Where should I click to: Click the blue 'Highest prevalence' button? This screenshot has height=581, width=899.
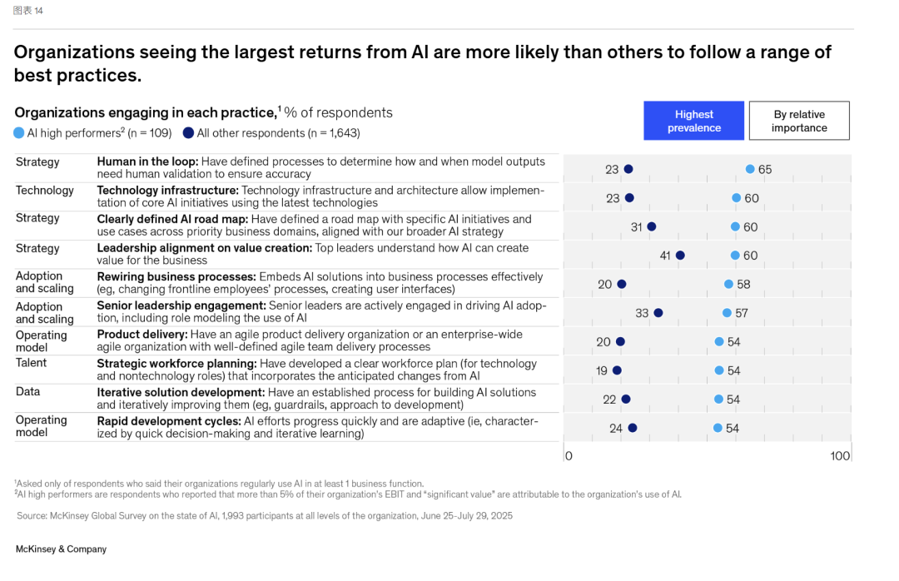(x=693, y=121)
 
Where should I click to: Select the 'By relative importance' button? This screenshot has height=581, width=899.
(x=799, y=121)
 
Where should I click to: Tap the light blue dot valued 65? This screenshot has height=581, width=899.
(x=750, y=169)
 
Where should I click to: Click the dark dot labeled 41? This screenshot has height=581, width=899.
(x=680, y=256)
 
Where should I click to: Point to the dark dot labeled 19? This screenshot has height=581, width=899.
(x=617, y=370)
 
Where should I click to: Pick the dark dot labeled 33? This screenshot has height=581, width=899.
(x=658, y=313)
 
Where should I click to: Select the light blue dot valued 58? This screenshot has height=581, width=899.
(x=728, y=284)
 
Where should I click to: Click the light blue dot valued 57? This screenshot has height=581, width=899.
(x=727, y=313)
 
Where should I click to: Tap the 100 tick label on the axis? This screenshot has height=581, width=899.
(x=840, y=456)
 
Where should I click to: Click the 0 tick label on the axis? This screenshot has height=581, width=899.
(x=569, y=456)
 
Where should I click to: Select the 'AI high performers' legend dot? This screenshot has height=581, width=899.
(x=19, y=132)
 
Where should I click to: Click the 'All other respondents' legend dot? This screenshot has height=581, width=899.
(x=189, y=132)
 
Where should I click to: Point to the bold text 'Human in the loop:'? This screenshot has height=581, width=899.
(x=147, y=161)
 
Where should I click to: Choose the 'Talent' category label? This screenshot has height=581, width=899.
(x=32, y=363)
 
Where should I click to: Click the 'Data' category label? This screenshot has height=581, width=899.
(x=27, y=391)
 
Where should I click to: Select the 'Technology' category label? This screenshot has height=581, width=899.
(x=45, y=191)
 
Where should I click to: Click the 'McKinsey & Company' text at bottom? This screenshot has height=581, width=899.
(x=62, y=549)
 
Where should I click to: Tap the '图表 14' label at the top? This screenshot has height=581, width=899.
(x=28, y=11)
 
